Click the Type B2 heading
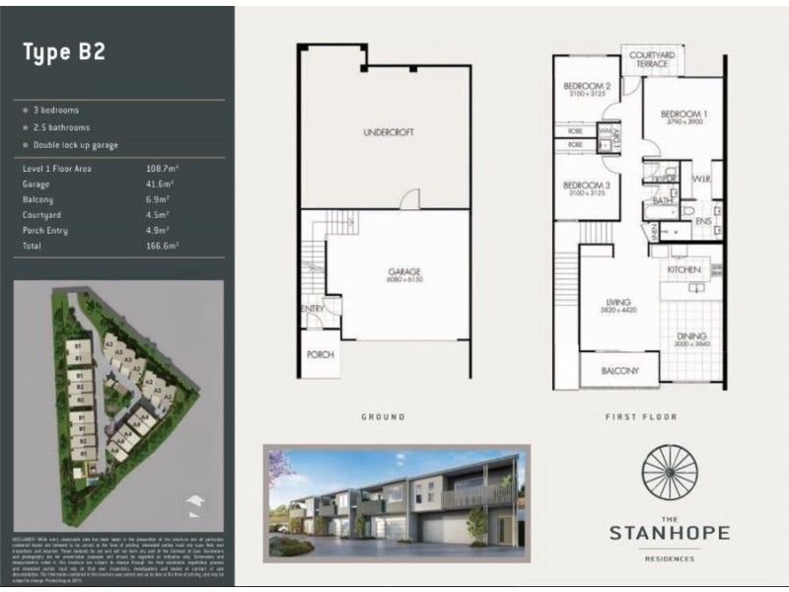click(x=64, y=53)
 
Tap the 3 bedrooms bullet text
click(x=57, y=111)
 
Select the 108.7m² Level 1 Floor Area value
click(x=163, y=169)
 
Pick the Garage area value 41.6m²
click(x=160, y=184)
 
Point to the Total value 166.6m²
click(x=163, y=246)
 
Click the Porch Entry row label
click(x=48, y=230)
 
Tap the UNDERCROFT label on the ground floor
click(x=385, y=132)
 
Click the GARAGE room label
click(x=404, y=271)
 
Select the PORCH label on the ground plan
click(x=321, y=354)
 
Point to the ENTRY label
click(x=313, y=309)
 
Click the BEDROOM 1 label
click(x=684, y=114)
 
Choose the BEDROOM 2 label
click(x=587, y=87)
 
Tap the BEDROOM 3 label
click(x=587, y=185)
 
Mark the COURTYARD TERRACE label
click(x=650, y=59)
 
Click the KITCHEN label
click(x=683, y=269)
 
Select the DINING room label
click(x=690, y=337)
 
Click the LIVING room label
click(x=618, y=302)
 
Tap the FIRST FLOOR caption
click(x=641, y=417)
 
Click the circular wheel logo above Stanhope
click(x=670, y=476)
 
